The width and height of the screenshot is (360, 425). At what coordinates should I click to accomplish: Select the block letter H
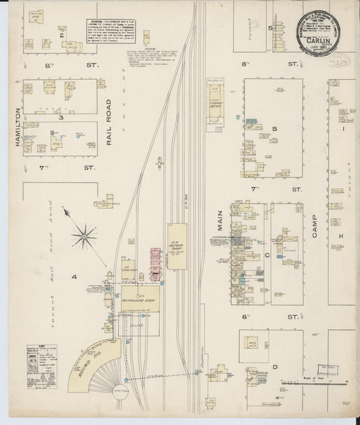[341, 236]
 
